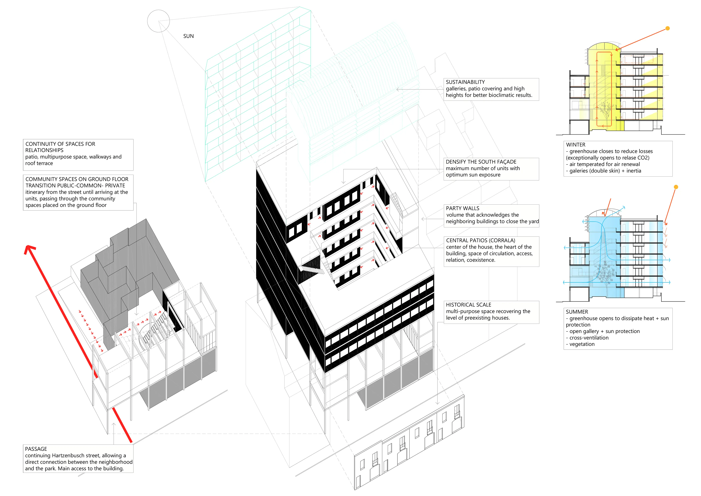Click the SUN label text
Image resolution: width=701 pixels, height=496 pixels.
(x=188, y=36)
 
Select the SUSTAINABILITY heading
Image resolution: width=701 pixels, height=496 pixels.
(x=465, y=82)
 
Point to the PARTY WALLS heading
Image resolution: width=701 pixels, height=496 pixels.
(x=463, y=208)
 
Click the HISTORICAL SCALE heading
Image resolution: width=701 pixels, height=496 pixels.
(x=468, y=305)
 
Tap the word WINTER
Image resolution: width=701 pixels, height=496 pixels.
(x=576, y=145)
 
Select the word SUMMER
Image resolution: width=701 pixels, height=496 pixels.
(x=577, y=312)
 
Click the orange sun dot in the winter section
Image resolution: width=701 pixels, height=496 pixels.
(x=668, y=28)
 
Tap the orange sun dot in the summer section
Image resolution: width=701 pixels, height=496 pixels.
(x=676, y=187)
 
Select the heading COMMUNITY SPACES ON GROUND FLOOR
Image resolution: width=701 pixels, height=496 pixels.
(x=77, y=179)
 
